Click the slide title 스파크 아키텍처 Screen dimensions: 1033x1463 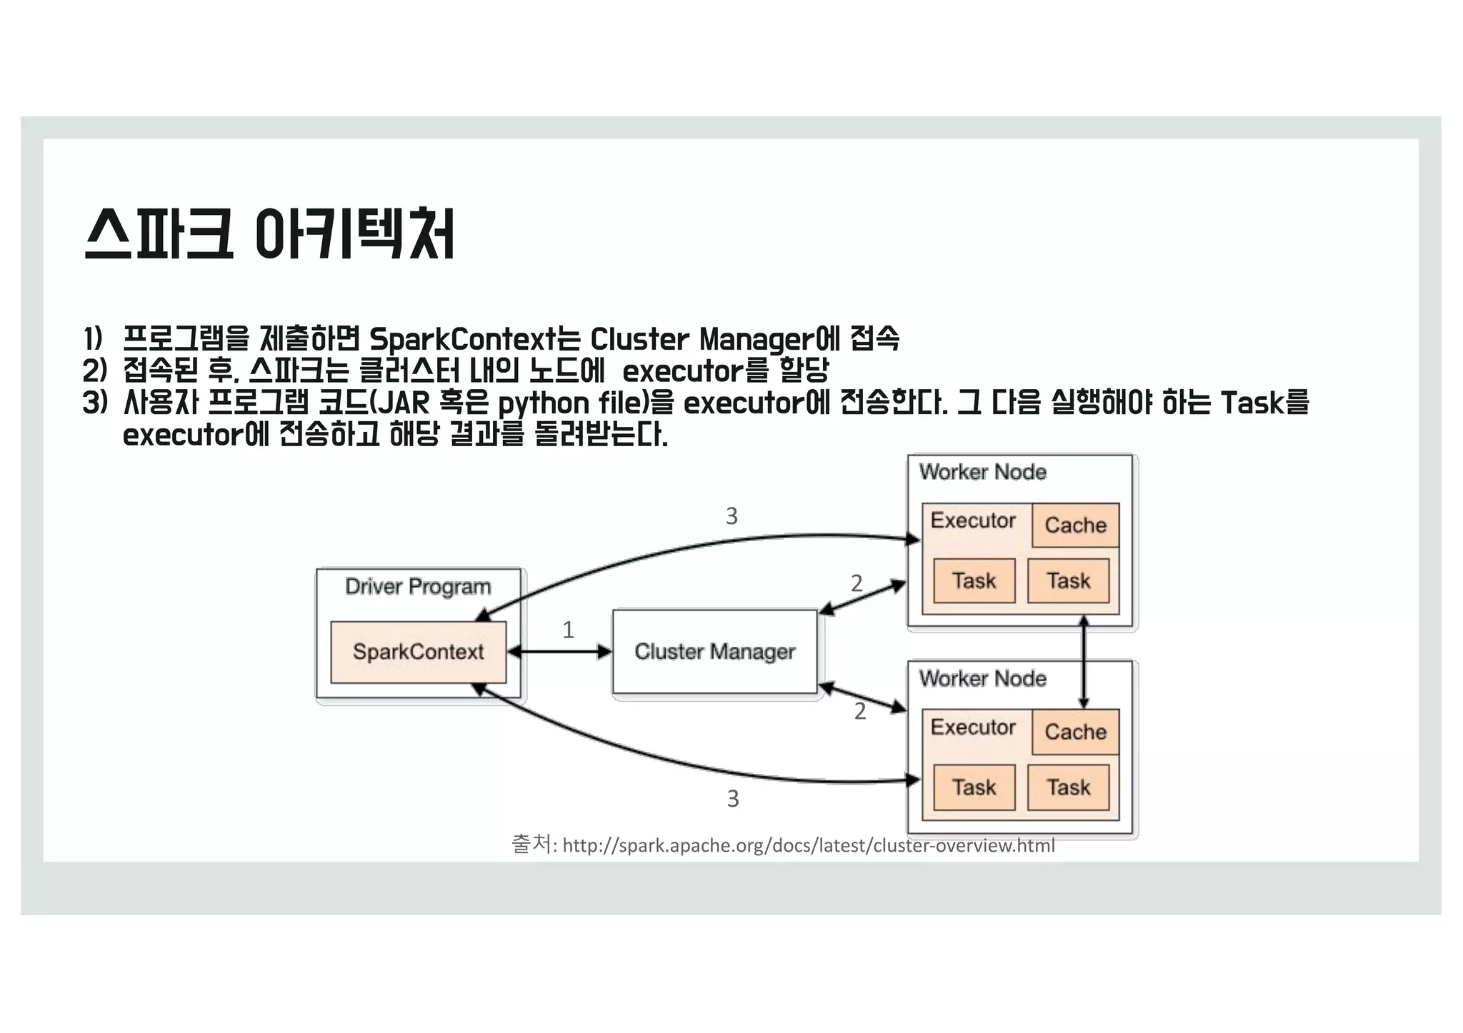coord(269,234)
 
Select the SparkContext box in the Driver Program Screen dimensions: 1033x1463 coord(418,652)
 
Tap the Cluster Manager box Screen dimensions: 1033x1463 coord(714,651)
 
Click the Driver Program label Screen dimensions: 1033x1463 coord(418,587)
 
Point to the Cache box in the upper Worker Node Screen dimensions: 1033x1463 coord(1075,525)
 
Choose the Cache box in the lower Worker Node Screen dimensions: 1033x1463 coord(1075,732)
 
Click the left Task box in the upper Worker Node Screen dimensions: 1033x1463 coord(974,580)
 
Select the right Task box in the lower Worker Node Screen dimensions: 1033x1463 coord(1069,787)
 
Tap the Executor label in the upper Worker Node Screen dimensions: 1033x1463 coord(973,520)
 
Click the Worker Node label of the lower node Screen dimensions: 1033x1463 coord(982,678)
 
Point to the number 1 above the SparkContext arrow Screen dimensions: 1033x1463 coord(568,630)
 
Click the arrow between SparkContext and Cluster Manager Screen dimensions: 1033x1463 coord(559,652)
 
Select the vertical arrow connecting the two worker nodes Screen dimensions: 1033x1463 coord(1084,662)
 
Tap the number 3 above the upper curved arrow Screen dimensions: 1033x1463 coord(731,516)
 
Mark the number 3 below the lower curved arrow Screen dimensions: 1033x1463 coord(733,798)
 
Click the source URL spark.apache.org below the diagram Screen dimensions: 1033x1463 coord(808,846)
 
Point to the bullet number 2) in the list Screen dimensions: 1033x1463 coord(94,371)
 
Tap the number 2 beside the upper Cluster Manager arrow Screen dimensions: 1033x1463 coord(857,583)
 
